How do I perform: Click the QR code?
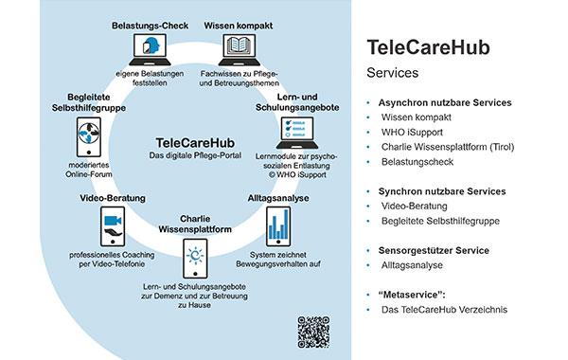tap(312, 331)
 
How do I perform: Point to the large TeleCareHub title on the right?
tap(427, 49)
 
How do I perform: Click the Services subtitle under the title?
tap(394, 74)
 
